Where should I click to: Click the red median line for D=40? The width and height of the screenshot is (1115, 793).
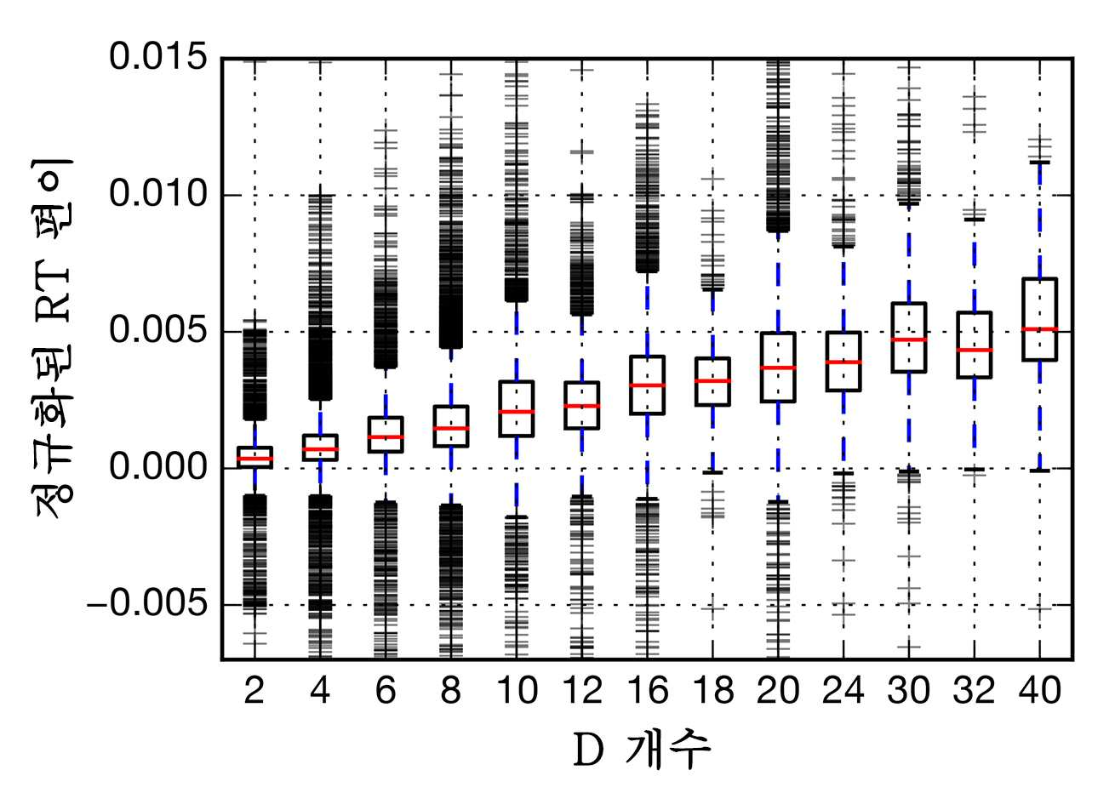point(1040,328)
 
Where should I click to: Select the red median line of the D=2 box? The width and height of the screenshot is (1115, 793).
point(254,459)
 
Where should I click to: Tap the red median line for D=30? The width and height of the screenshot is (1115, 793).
point(909,339)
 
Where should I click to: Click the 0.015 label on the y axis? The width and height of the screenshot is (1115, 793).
point(157,56)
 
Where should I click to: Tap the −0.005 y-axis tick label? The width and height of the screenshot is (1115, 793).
point(147,604)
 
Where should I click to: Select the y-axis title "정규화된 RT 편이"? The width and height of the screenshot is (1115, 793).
point(53,339)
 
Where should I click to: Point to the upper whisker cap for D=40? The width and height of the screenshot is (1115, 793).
point(1040,163)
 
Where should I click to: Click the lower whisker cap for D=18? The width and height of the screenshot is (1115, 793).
point(712,472)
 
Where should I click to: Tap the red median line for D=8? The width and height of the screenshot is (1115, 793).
point(451,428)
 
